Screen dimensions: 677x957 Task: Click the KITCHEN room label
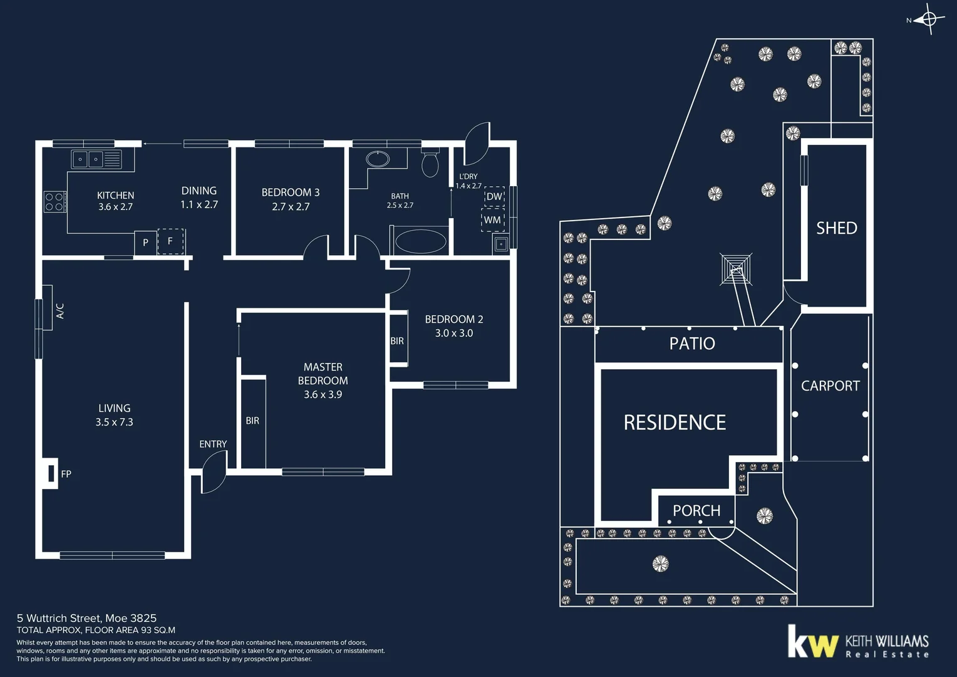click(x=115, y=196)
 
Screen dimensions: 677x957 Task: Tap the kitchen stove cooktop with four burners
click(x=54, y=201)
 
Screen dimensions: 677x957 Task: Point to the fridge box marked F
click(x=170, y=241)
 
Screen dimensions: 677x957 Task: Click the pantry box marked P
click(x=145, y=243)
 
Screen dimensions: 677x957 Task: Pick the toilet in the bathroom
click(x=430, y=164)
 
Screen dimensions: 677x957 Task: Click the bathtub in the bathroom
click(x=421, y=241)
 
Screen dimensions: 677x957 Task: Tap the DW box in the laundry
click(x=494, y=196)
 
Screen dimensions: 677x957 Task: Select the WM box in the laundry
click(x=492, y=220)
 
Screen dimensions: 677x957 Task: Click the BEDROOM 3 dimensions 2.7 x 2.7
click(x=291, y=207)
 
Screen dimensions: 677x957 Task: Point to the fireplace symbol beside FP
click(x=51, y=473)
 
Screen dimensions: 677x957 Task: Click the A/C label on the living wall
click(x=60, y=311)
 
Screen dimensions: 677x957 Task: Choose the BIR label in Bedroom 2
click(x=397, y=341)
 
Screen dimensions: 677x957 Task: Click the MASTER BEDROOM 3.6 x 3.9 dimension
click(x=323, y=394)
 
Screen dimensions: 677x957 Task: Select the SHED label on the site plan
click(x=836, y=228)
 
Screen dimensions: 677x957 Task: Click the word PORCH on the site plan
click(x=696, y=511)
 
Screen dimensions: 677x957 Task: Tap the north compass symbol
click(x=929, y=19)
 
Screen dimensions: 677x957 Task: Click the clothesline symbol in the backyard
click(x=736, y=269)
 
